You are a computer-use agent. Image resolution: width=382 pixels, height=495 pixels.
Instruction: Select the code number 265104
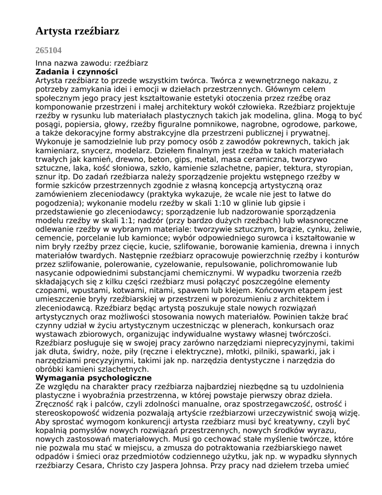(48, 50)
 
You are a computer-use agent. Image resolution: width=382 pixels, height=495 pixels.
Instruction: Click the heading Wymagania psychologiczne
(94, 378)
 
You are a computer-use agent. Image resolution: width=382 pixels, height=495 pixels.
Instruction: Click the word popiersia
(80, 124)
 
